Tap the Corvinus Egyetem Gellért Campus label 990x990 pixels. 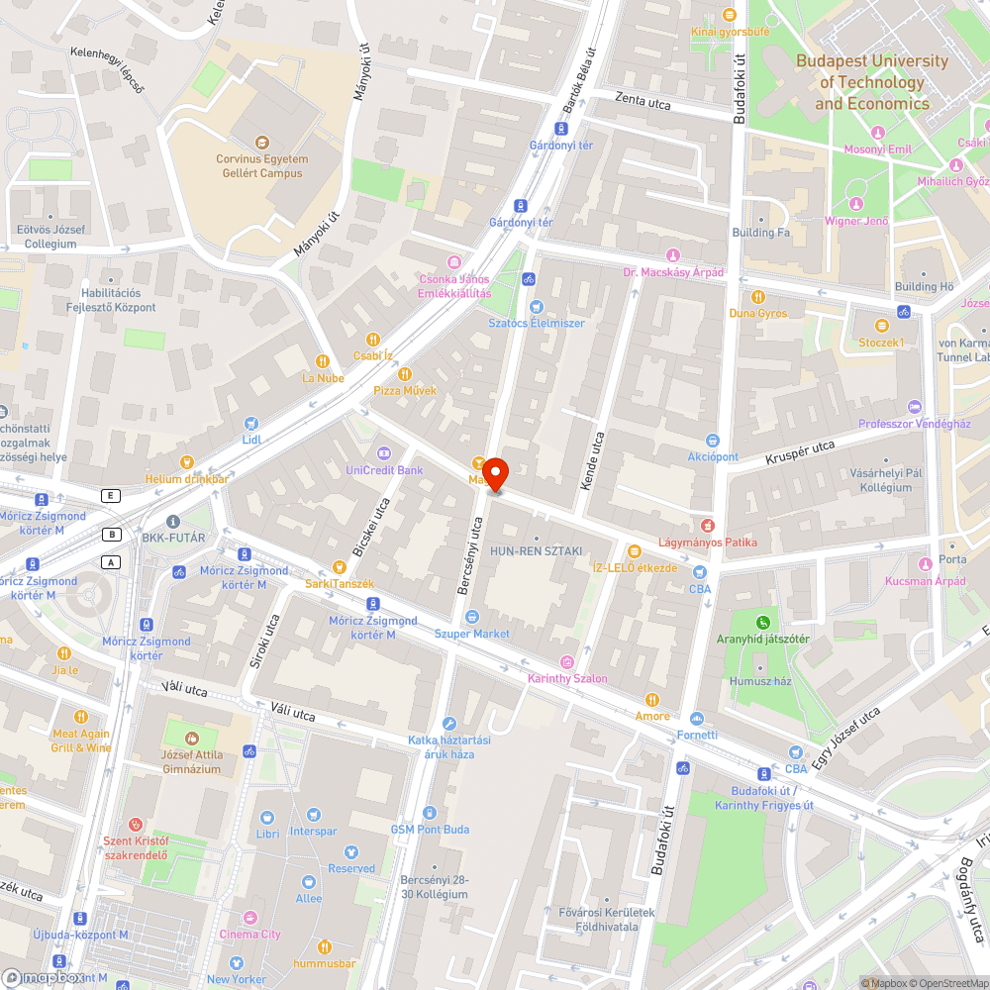(x=261, y=166)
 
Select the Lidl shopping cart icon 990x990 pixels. (x=250, y=423)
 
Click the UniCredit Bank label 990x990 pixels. (x=384, y=469)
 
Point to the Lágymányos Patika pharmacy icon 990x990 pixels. (x=707, y=526)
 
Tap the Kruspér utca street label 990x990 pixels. (x=800, y=453)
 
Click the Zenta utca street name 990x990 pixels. (x=643, y=101)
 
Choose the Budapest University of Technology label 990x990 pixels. (x=872, y=82)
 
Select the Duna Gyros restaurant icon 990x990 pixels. (x=758, y=297)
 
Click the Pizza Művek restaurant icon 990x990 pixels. (x=404, y=374)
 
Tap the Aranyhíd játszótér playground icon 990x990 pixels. (x=762, y=623)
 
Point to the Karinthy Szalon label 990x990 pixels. (x=567, y=678)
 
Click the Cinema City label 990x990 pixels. (x=249, y=934)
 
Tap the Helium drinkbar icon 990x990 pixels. (x=186, y=462)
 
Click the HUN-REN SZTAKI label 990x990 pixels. (x=536, y=550)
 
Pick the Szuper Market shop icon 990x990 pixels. (x=471, y=617)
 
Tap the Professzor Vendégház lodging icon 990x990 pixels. (x=914, y=407)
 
